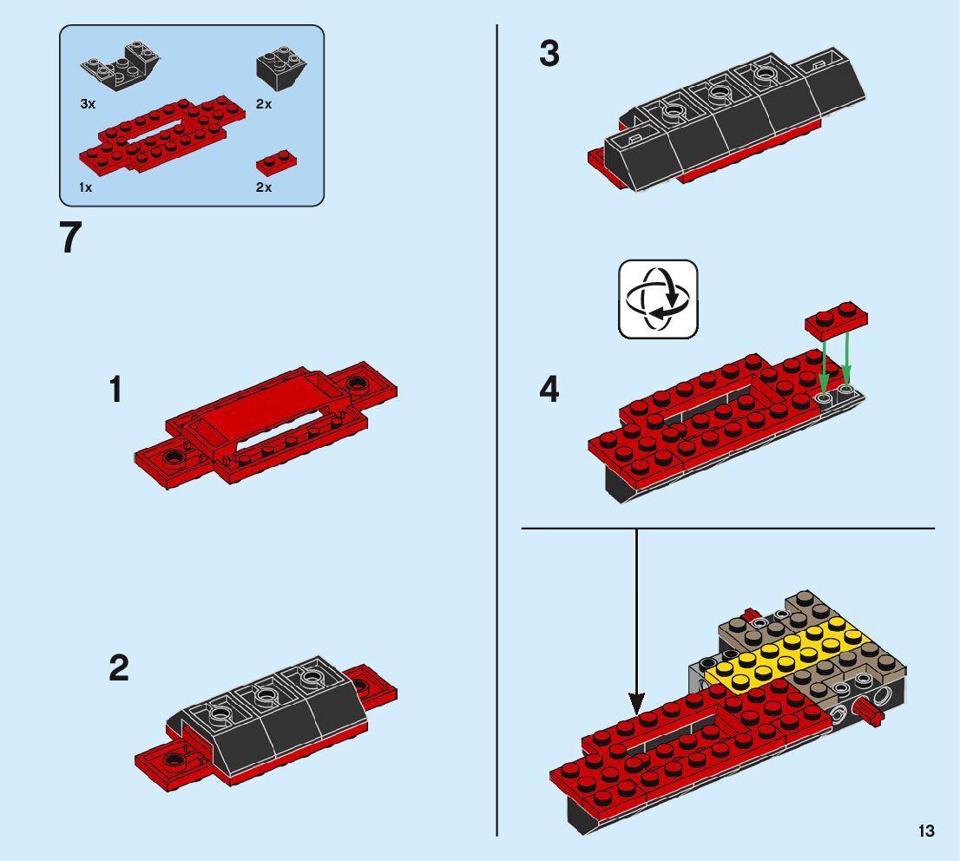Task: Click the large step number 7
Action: (x=70, y=239)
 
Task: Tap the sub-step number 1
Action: (x=115, y=391)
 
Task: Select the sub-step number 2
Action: (x=119, y=668)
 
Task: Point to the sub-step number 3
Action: (x=549, y=54)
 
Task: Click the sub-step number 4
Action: (x=549, y=391)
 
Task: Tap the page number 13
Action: (x=926, y=831)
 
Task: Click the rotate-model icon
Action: (x=657, y=299)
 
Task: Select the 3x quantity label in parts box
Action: (x=87, y=104)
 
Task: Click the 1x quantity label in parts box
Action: (x=86, y=187)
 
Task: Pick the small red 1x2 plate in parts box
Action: (x=276, y=162)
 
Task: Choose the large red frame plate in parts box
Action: (x=161, y=135)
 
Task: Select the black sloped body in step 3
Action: (x=738, y=122)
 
